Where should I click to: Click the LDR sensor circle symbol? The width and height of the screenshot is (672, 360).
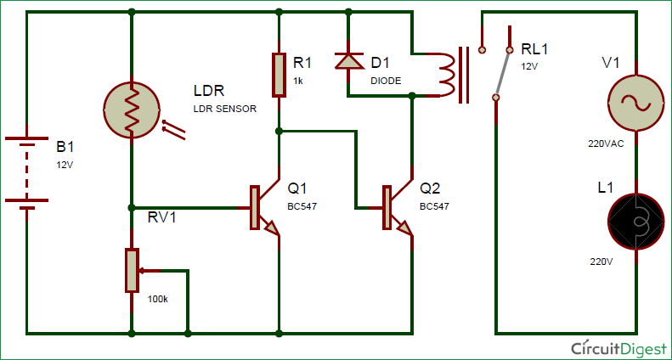133,110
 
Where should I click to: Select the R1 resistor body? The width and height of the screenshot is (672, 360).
279,75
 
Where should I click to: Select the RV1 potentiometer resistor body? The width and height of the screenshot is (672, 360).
132,271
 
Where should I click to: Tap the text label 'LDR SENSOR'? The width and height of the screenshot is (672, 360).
225,110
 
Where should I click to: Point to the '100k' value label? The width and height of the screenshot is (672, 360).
158,301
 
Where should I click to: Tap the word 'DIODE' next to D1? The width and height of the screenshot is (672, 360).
387,81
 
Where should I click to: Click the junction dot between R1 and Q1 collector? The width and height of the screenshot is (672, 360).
279,131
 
